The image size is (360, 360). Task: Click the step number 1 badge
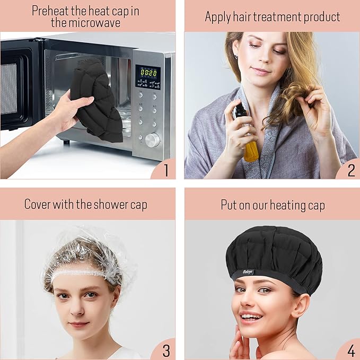165,170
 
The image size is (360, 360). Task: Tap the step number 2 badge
350,170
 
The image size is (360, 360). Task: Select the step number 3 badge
165,350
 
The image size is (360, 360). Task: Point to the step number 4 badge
350,350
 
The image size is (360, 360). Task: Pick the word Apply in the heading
218,16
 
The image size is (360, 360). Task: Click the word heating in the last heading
286,205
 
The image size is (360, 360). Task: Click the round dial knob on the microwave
152,140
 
